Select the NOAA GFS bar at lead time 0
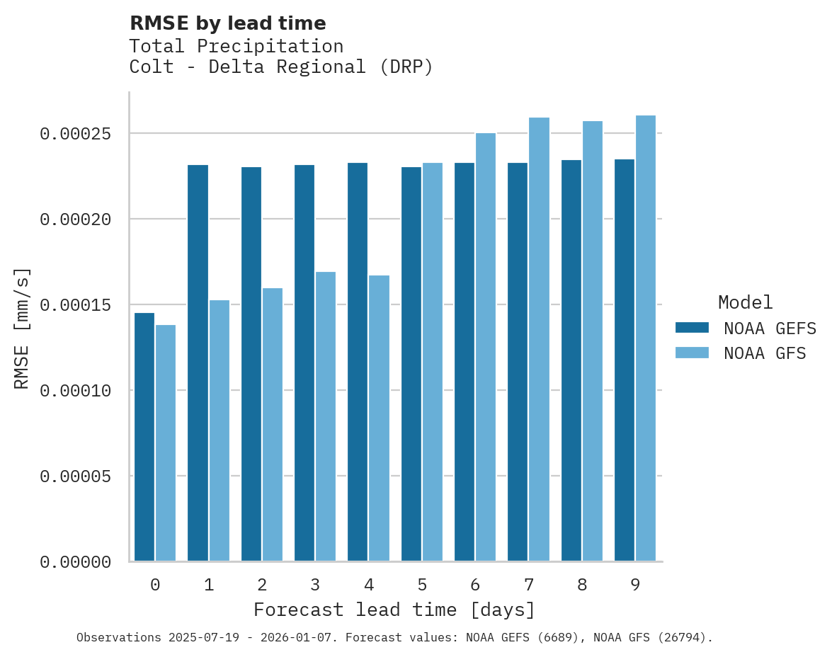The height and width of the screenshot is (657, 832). (x=166, y=443)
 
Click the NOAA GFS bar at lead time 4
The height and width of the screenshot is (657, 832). (x=380, y=418)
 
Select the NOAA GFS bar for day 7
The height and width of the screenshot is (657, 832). (x=540, y=339)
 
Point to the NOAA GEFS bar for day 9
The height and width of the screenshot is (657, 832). (x=625, y=360)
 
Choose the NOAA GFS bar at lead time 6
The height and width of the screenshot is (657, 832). (x=486, y=347)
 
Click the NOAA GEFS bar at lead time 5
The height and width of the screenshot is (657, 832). (x=411, y=364)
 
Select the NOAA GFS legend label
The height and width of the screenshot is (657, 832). (x=765, y=353)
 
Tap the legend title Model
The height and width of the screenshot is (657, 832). (x=745, y=302)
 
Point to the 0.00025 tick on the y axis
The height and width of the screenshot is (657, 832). (x=75, y=134)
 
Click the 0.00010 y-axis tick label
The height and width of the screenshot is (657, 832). (x=75, y=391)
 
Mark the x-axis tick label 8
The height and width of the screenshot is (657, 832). (x=582, y=585)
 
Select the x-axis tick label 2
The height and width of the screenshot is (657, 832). (x=262, y=585)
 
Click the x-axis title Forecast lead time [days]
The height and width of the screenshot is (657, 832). (x=394, y=610)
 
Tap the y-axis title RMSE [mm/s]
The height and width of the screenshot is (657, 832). (x=22, y=328)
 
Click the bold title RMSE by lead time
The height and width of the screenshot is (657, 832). (x=227, y=23)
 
